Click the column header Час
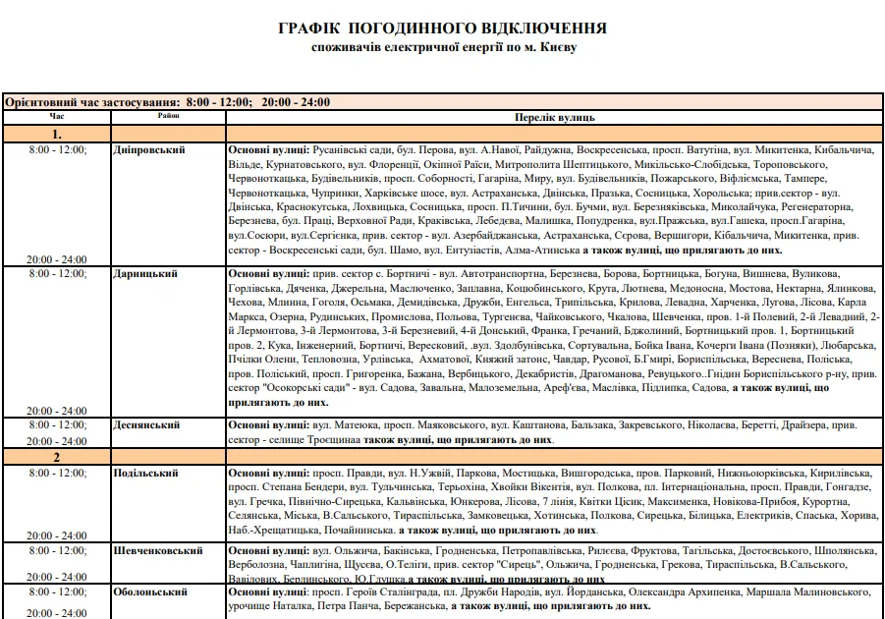click(57, 116)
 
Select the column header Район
click(168, 116)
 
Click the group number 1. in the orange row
click(57, 134)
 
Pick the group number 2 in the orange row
click(57, 457)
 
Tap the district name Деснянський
click(147, 425)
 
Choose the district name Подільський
click(146, 474)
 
